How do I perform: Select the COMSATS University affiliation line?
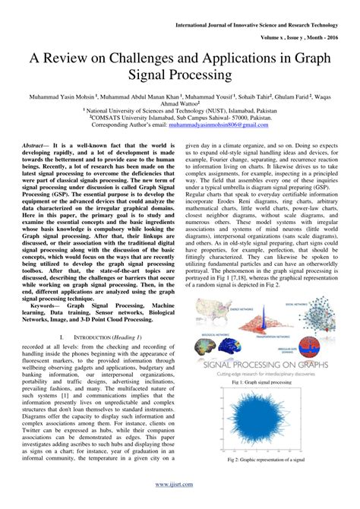point(180,119)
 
